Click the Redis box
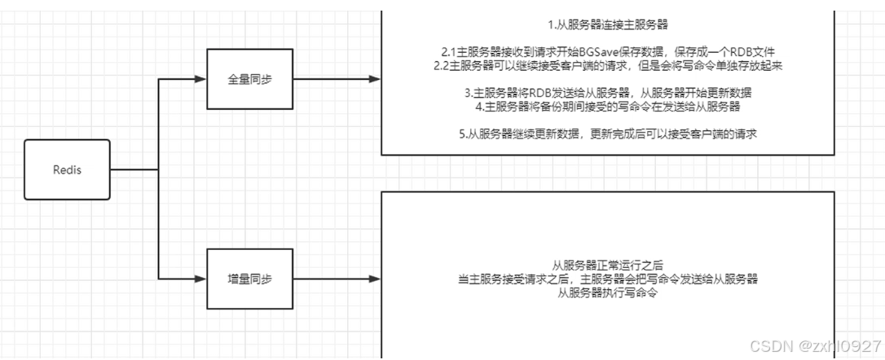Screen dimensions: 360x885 68,169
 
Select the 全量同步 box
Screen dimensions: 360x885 249,80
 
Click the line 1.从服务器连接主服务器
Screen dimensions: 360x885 608,24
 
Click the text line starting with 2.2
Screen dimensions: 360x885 608,65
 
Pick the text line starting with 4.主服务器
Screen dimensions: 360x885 608,106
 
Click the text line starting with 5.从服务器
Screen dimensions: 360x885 608,134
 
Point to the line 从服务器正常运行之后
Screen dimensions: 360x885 608,266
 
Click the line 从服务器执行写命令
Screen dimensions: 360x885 608,293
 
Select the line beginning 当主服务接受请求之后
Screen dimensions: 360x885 608,279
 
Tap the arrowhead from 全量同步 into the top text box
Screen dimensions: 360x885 374,80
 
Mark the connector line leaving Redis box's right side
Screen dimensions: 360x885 134,169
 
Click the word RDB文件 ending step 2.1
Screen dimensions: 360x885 750,51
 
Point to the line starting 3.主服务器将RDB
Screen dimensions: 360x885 608,92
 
